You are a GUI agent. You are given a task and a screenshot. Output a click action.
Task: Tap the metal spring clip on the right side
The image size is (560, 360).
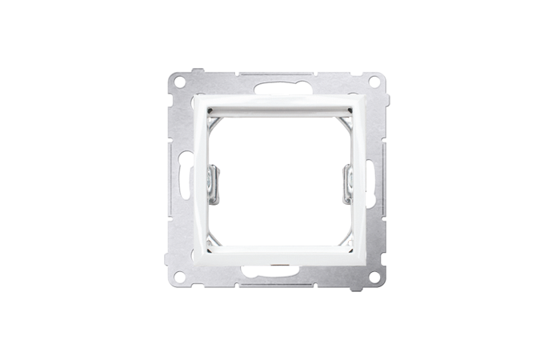(x=347, y=180)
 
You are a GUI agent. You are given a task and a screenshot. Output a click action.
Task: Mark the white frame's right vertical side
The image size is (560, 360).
(x=357, y=180)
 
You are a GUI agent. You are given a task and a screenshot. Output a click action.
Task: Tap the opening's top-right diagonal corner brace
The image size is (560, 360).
(x=342, y=119)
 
